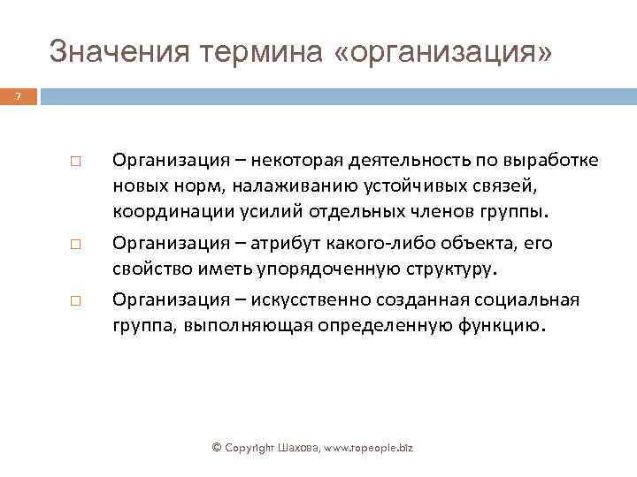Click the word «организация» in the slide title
click(443, 52)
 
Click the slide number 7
click(16, 95)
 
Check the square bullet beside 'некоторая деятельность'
click(75, 164)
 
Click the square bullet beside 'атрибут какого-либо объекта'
click(75, 244)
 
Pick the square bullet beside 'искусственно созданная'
click(75, 301)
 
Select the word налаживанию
click(294, 186)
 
